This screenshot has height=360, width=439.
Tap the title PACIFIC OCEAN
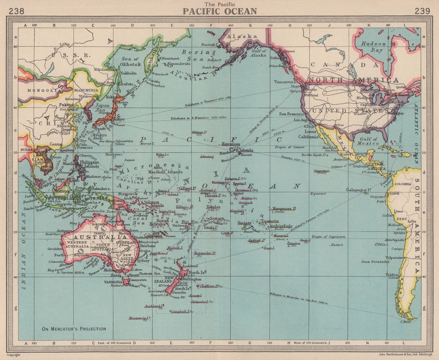(219, 11)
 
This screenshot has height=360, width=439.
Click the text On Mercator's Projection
(74, 329)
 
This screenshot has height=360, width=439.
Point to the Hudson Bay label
(373, 47)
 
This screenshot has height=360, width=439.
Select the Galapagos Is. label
(359, 190)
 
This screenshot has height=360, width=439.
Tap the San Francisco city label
(293, 114)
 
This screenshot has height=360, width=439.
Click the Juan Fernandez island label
(375, 262)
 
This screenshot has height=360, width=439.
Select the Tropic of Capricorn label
(328, 237)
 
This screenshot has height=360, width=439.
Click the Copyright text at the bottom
(13, 354)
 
